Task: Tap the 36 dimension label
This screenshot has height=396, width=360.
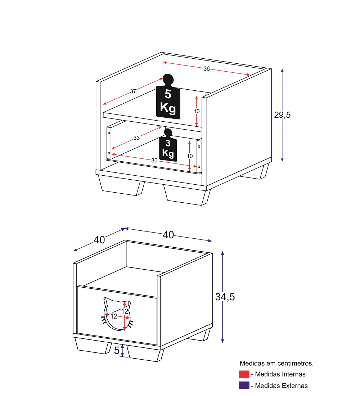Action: click(207, 69)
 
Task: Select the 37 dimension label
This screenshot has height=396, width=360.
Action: click(133, 91)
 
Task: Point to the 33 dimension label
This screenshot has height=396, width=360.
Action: click(137, 138)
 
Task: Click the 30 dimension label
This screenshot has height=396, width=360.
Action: click(154, 160)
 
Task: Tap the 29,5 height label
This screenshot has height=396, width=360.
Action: click(283, 115)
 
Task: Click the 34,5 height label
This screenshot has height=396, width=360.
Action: click(225, 297)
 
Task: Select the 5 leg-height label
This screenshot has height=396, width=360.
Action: click(117, 350)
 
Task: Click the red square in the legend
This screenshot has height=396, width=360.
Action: click(244, 374)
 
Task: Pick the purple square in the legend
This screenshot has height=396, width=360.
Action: click(244, 386)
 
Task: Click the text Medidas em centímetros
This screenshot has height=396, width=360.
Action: click(276, 363)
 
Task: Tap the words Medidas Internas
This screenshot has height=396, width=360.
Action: click(280, 374)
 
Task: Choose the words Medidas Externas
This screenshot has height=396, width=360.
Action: click(281, 386)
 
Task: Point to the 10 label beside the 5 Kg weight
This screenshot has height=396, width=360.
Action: click(197, 111)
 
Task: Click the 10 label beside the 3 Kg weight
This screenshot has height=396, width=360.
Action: click(190, 156)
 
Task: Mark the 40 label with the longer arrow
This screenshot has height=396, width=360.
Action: click(168, 235)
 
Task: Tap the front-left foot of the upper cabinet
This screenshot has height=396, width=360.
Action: click(121, 186)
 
